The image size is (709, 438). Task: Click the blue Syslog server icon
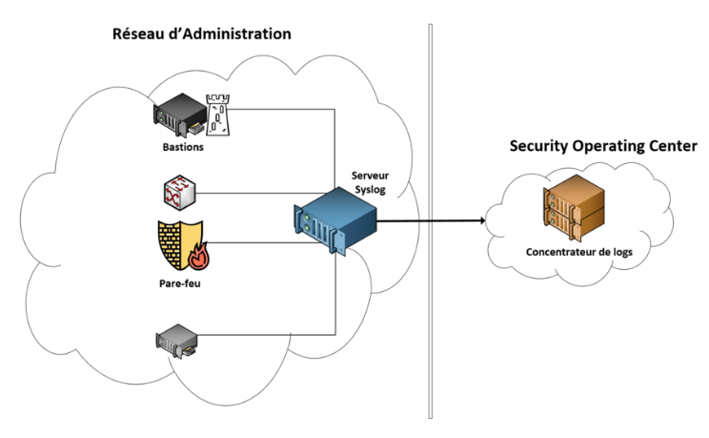point(335,219)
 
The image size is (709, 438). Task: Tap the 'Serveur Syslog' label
point(371,182)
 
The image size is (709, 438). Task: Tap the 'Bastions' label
point(182,148)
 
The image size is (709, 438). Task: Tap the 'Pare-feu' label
point(178,284)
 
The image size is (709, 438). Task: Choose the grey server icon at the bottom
point(176,339)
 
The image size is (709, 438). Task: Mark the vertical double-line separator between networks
point(431,219)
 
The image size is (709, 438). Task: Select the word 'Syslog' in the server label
point(370,189)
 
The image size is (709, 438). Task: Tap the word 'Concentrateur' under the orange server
point(556,253)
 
